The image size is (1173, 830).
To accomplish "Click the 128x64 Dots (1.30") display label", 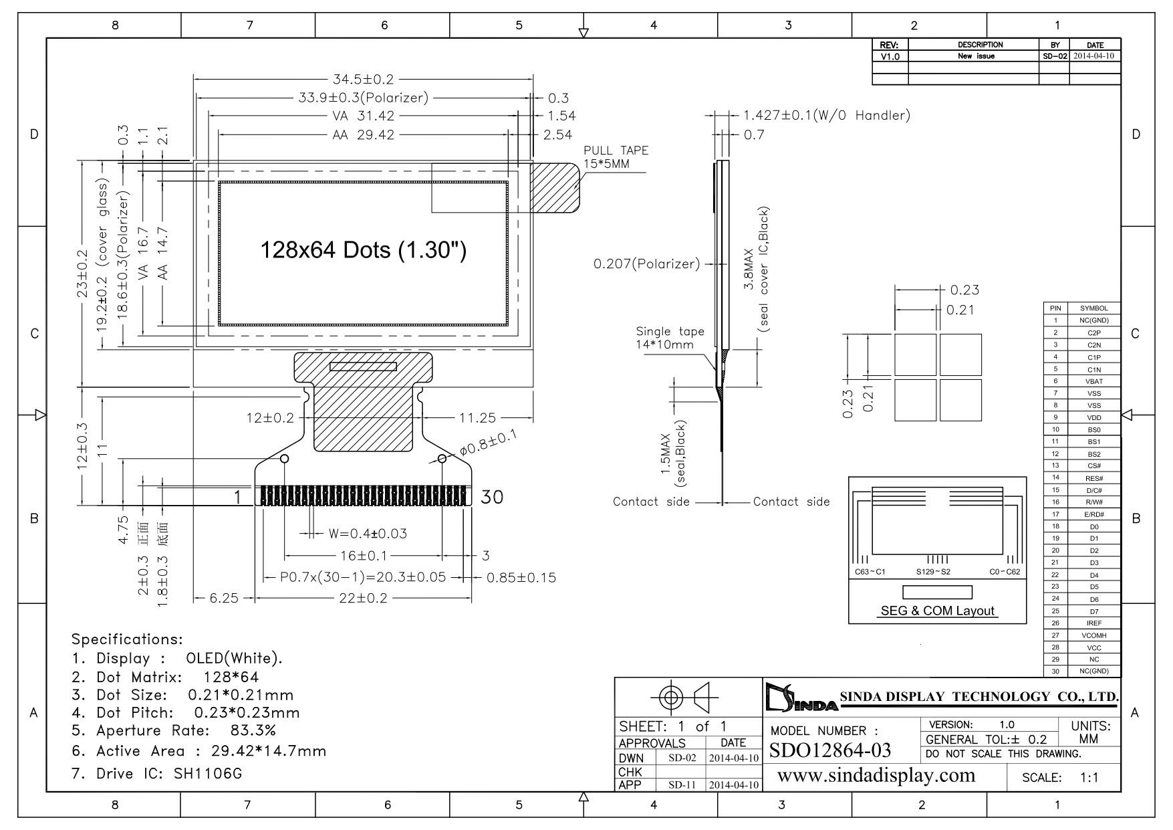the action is tap(363, 250).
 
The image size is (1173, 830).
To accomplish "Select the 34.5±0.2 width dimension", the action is tap(364, 80).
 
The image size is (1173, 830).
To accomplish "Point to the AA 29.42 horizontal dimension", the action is tap(364, 135).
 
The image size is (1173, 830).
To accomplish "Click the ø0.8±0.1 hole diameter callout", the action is tap(489, 443).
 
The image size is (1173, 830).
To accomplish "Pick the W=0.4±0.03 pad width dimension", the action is tap(368, 534).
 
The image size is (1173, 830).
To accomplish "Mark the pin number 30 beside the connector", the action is tap(492, 497).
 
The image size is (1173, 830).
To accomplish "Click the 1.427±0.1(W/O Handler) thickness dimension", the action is tap(827, 115).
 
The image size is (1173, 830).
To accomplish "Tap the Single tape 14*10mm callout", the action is tap(670, 338).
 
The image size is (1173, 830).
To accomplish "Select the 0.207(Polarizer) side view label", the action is tap(646, 264).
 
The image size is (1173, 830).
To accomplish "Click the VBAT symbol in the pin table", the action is tap(1094, 381).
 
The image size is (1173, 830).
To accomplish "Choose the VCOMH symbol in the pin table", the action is tap(1094, 635).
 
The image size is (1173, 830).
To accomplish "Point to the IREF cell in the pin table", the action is tap(1094, 623).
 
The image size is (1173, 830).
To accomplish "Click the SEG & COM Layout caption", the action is tap(937, 611).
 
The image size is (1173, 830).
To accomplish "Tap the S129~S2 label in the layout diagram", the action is tap(933, 572).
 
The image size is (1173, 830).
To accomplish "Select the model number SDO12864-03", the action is tap(830, 750).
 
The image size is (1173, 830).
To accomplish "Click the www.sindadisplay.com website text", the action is tap(877, 775).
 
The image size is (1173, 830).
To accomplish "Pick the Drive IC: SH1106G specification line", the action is tap(156, 774).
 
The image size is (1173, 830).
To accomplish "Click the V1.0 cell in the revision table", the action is tap(890, 57).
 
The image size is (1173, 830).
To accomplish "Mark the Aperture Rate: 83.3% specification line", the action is tap(174, 730).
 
